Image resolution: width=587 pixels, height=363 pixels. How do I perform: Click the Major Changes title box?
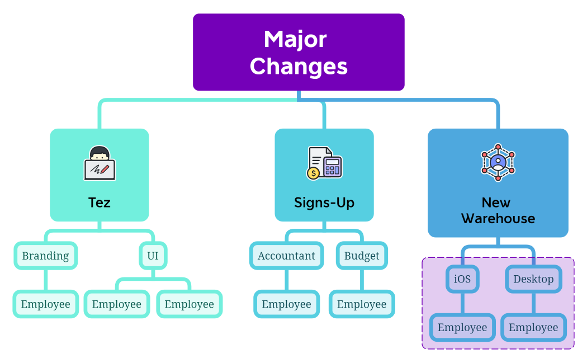pos(299,52)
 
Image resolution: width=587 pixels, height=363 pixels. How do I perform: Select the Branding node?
pos(45,256)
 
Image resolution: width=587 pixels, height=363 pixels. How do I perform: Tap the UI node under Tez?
pos(153,256)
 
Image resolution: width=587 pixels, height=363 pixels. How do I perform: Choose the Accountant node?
pos(286,256)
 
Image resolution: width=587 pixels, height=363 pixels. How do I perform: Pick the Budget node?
pos(362,256)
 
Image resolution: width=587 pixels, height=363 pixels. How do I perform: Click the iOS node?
pos(462,279)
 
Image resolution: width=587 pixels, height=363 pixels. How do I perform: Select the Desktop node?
pos(533,279)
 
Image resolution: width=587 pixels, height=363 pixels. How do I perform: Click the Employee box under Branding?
pos(46,304)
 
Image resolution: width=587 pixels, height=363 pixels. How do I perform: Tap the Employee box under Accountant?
pos(286,304)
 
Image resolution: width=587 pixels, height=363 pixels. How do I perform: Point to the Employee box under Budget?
pos(362,304)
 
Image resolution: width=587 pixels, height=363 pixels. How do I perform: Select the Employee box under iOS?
pos(462,328)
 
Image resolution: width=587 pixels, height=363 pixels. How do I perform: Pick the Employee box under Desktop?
pos(533,328)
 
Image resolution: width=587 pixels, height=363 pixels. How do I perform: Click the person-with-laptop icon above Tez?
pos(100,163)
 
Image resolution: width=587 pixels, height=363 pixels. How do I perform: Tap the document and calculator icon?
pos(324,163)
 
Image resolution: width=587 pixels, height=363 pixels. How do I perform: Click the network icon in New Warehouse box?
pos(498,163)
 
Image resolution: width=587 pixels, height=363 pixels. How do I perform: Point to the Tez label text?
pos(100,202)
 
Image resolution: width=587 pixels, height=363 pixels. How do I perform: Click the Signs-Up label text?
pos(324,202)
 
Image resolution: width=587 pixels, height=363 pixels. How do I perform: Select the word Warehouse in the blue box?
pos(498,219)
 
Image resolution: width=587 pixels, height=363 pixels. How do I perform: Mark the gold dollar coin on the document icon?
pos(313,173)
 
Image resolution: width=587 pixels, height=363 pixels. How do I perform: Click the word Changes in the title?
pos(299,67)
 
